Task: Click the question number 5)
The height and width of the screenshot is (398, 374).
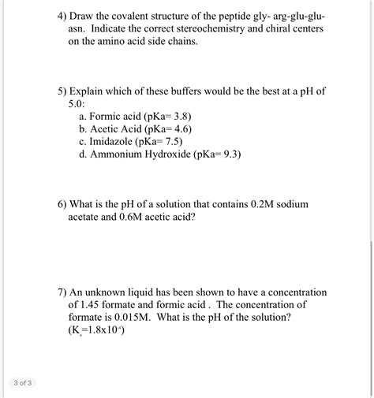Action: [x=62, y=91]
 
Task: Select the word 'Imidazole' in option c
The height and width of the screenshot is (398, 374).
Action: [x=112, y=141]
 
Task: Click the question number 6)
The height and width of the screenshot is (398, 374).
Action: [x=62, y=203]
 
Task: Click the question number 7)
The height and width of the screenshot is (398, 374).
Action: [x=62, y=292]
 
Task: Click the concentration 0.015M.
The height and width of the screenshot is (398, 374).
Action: [x=132, y=317]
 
